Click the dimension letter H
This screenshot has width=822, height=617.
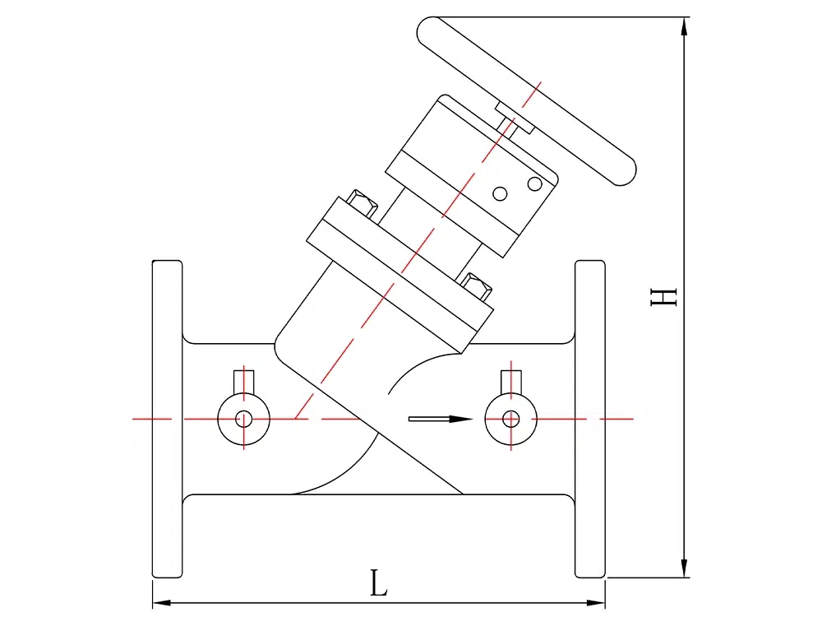663,296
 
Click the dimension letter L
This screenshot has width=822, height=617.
378,584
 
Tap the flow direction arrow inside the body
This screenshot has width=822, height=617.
441,419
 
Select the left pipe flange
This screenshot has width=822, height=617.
167,419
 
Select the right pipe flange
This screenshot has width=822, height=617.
589,419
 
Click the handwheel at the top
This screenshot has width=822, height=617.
526,99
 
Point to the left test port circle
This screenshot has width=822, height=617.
243,419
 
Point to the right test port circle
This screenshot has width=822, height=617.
510,419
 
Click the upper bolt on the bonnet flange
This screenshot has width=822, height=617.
362,203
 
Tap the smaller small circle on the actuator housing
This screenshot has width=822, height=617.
499,194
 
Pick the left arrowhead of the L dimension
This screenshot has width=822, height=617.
161,602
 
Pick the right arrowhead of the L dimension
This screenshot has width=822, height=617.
597,602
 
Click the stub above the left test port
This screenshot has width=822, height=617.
244,382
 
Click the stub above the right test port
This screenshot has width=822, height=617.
510,382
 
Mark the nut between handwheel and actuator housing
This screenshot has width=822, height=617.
515,118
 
